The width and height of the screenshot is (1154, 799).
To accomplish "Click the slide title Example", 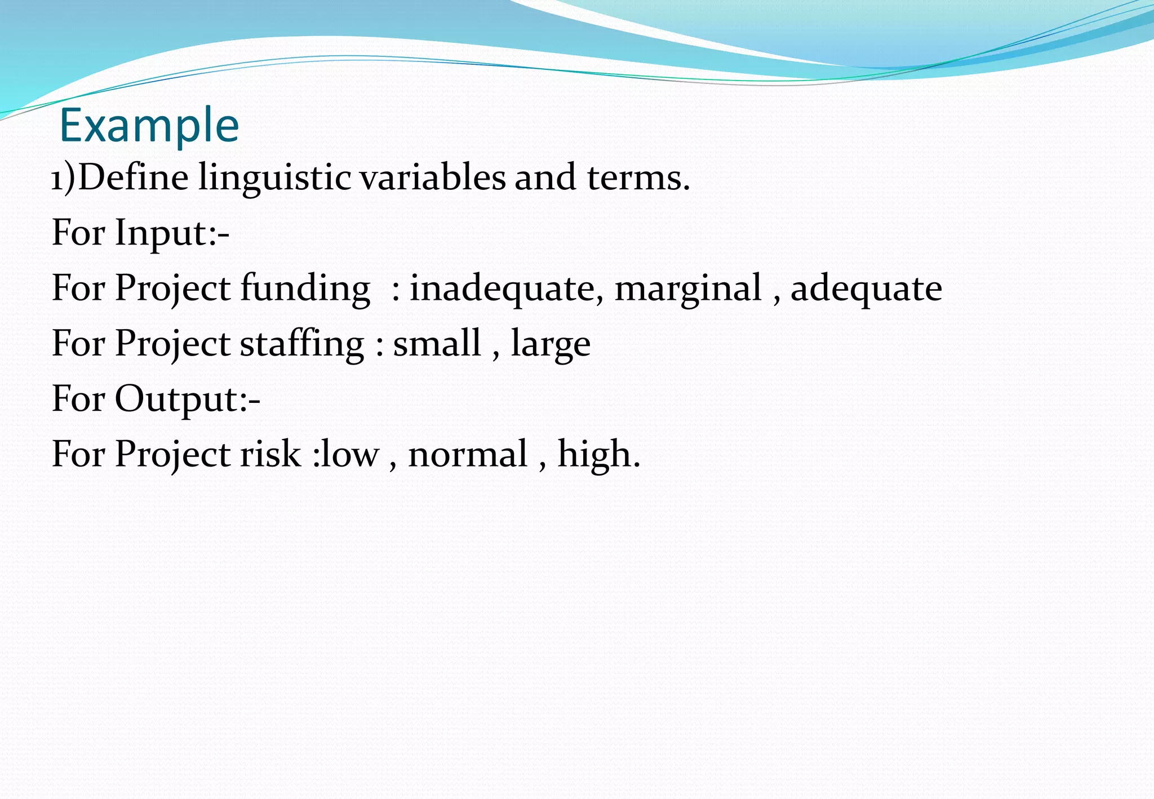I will coord(149,125).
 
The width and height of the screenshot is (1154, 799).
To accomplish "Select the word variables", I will coord(433,177).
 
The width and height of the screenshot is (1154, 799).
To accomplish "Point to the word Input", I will coord(161,233).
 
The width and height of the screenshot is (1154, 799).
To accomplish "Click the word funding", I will coord(305,288).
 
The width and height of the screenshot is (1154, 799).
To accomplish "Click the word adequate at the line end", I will coord(866,288).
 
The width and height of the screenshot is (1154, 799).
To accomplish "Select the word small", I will coord(437,343).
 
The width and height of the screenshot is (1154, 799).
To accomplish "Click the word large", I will coord(551,344).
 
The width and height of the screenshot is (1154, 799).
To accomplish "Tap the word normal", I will coord(468,454).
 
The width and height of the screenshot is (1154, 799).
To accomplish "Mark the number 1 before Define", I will coord(57,180).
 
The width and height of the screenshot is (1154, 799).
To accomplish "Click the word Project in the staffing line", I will coord(172,344).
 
